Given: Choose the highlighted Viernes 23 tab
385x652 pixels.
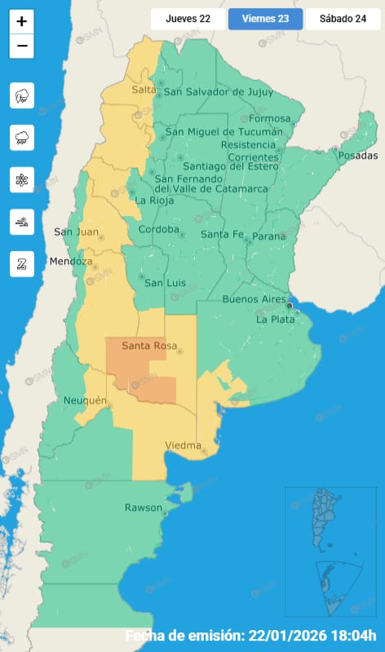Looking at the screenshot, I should coord(265,19).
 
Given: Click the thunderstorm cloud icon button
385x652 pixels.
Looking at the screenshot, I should coord(22,96).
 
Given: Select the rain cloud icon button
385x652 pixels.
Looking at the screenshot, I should coord(22,139).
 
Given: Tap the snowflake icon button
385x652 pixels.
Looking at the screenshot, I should coord(22,180).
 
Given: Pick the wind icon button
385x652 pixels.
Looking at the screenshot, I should coord(22,222).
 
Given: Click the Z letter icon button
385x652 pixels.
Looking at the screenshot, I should coord(22,263).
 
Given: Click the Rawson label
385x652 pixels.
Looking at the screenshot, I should coord(143,508).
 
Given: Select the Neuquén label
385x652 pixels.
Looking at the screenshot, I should coord(85,400).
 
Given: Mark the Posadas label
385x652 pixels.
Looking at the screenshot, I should coord(358,156).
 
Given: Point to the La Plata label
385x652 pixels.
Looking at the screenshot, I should coord(275,319).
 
